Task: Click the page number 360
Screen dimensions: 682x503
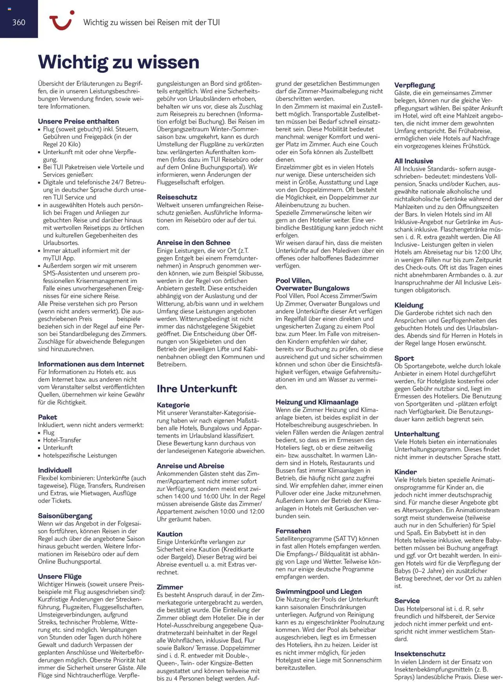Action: coord(18,22)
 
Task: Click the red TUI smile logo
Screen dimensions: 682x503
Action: coord(61,20)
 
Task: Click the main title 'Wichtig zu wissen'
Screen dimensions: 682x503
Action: coord(119,62)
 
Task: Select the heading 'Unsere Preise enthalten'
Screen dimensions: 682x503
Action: coord(78,121)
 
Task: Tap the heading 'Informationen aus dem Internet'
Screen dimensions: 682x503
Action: coord(91,364)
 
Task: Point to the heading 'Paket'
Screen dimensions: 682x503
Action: coord(47,417)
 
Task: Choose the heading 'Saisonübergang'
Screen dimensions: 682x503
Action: coord(65,516)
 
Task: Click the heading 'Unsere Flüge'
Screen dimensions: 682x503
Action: coord(60,576)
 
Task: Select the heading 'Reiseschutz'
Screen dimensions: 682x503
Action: coord(177,197)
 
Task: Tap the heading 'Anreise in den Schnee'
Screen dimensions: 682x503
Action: coord(193,243)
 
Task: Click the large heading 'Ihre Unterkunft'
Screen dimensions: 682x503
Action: coord(196,388)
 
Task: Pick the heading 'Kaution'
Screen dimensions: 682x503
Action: coord(169,534)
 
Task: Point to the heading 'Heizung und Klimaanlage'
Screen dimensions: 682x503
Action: coord(317,402)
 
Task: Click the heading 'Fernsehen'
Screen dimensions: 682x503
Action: coord(293,531)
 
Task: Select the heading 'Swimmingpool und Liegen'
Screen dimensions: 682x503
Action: coord(318,591)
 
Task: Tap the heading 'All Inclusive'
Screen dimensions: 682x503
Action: coord(413,161)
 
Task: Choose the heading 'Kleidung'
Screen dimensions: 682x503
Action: coord(409,305)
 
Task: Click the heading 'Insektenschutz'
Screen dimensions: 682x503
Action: coord(420,654)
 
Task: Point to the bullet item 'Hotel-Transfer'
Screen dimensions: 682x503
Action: coord(62,440)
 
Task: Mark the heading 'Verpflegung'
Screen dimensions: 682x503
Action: coord(415,85)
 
